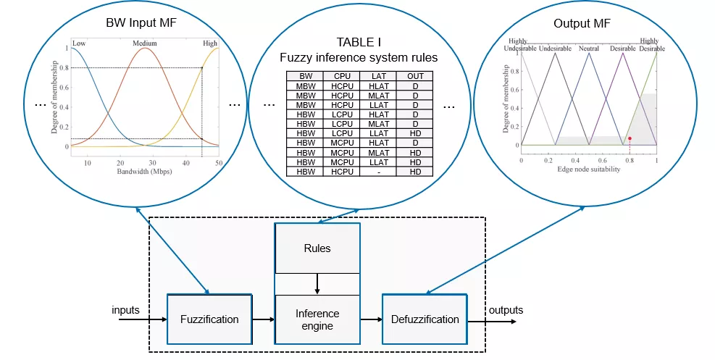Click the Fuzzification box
click(209, 319)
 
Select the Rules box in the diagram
click(317, 248)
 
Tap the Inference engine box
click(317, 319)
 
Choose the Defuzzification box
click(425, 319)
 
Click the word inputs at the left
click(125, 311)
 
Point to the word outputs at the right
click(506, 311)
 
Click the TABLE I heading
click(359, 42)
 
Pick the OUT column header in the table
click(416, 75)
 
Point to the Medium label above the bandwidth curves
click(145, 43)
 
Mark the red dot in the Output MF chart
click(630, 138)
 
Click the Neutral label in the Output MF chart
click(588, 48)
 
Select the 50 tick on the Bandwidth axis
click(218, 163)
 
